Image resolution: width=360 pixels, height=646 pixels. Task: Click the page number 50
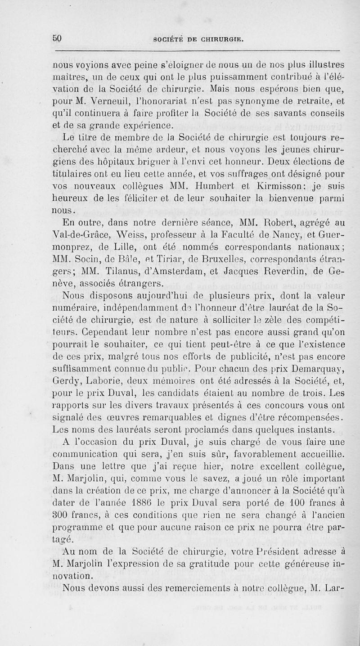coord(57,38)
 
